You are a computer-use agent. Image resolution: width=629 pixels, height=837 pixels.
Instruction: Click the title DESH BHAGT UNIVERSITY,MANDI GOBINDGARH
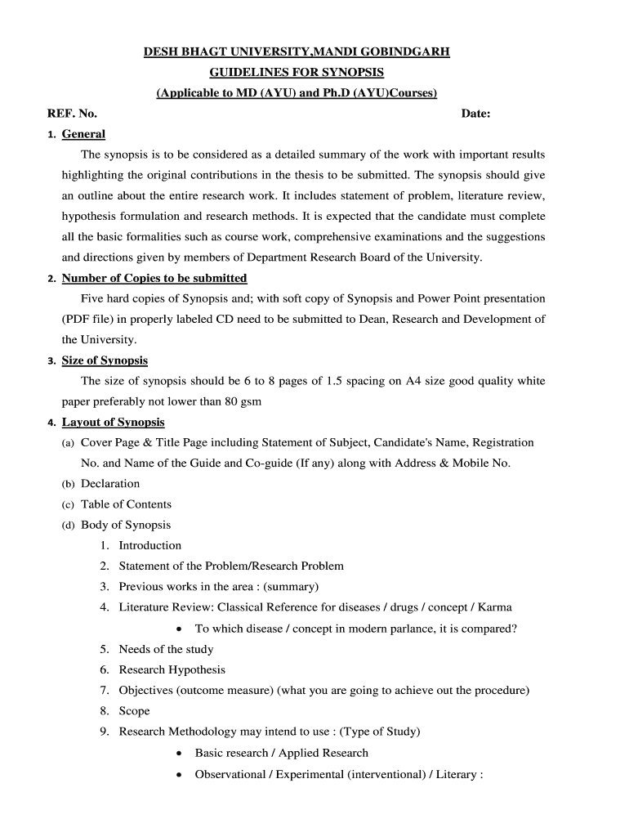pyautogui.click(x=297, y=52)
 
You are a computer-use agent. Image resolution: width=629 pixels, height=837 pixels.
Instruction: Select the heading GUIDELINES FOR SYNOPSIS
pyautogui.click(x=297, y=73)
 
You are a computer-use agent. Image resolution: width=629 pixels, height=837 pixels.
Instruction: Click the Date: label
pyautogui.click(x=475, y=114)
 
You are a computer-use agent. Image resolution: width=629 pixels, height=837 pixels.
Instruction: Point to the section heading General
pyautogui.click(x=83, y=134)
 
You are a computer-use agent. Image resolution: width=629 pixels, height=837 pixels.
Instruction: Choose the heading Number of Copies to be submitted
pyautogui.click(x=154, y=278)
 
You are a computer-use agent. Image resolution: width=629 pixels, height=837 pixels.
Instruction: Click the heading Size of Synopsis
pyautogui.click(x=105, y=360)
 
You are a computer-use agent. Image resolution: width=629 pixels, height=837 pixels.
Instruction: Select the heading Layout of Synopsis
pyautogui.click(x=113, y=422)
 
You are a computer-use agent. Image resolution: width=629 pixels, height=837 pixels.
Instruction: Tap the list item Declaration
pyautogui.click(x=110, y=484)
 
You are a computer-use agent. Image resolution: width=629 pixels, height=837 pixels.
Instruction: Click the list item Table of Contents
pyautogui.click(x=126, y=504)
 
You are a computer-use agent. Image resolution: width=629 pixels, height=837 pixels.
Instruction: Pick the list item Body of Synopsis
pyautogui.click(x=126, y=525)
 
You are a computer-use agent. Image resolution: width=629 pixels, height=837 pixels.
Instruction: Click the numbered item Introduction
pyautogui.click(x=150, y=545)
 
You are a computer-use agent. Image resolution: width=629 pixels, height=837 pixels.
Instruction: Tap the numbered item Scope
pyautogui.click(x=135, y=711)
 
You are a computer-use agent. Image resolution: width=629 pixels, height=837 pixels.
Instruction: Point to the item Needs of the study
pyautogui.click(x=166, y=649)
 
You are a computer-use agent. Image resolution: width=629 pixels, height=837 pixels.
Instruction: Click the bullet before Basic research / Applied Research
pyautogui.click(x=179, y=754)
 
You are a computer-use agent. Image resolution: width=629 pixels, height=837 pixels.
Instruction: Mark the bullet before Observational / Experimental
pyautogui.click(x=179, y=774)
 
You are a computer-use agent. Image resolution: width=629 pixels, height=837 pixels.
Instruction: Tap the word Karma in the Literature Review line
pyautogui.click(x=495, y=607)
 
